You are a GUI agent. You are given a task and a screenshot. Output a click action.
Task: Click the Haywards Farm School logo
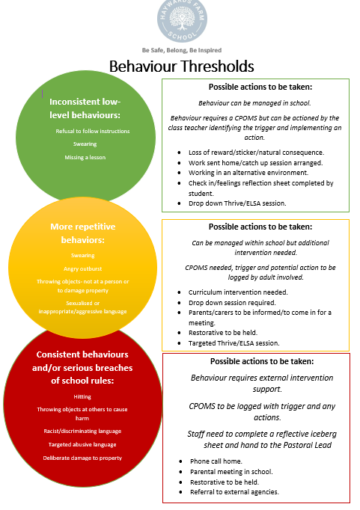click(182, 21)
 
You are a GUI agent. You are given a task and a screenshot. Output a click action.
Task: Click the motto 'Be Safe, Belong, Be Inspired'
click(182, 50)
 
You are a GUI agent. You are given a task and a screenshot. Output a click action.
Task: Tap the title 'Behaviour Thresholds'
click(181, 66)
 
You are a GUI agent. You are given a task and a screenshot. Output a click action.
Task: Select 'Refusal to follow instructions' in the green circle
click(93, 131)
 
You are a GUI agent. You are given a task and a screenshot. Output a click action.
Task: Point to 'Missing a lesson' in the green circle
click(85, 158)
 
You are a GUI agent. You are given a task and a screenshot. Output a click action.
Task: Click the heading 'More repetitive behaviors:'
click(82, 233)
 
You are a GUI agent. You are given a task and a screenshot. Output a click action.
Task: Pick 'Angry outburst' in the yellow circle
click(82, 269)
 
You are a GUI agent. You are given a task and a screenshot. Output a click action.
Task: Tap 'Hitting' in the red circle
click(82, 397)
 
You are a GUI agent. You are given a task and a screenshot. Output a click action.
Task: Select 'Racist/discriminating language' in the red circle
click(82, 431)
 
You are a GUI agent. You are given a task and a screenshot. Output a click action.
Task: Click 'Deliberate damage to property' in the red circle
click(82, 458)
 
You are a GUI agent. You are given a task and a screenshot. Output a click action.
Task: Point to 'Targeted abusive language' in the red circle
click(82, 445)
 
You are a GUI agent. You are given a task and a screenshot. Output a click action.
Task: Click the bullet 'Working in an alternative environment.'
click(248, 173)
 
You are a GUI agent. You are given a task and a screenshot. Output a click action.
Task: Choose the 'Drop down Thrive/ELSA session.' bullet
click(237, 203)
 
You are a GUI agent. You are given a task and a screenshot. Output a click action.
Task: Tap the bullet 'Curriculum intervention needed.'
click(238, 292)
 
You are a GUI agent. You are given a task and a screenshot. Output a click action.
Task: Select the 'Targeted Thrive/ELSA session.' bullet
click(234, 343)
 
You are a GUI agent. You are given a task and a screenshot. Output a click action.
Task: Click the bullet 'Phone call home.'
click(216, 461)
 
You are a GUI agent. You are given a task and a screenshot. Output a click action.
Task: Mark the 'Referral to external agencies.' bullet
click(234, 492)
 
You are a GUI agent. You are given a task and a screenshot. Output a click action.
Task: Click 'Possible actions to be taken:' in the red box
click(262, 361)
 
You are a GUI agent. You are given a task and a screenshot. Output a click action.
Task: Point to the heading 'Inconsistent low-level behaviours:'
click(85, 108)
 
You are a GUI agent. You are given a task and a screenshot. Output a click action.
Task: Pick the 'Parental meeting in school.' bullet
click(231, 472)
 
